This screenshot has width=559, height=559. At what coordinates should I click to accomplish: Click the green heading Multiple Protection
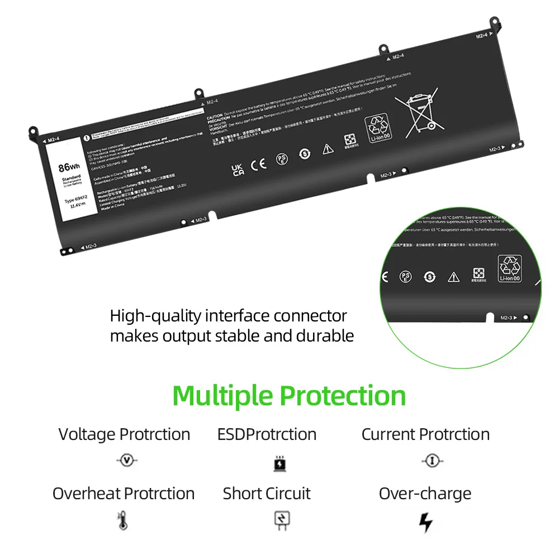[289, 396]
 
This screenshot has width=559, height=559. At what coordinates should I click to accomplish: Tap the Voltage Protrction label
[124, 434]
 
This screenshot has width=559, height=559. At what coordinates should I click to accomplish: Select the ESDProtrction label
[267, 434]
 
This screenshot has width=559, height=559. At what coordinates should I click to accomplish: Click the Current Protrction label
[425, 434]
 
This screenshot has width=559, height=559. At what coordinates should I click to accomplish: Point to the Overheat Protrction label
[124, 494]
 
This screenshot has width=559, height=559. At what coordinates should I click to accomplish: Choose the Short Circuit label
[267, 494]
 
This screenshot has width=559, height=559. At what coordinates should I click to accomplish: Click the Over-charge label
[425, 494]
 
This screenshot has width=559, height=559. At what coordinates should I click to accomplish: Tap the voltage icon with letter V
[127, 461]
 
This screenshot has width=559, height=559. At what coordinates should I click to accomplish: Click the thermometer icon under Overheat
[122, 520]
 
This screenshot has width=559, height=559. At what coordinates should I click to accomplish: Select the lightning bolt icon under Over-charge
[426, 522]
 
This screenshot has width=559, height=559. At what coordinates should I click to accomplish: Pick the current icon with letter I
[432, 461]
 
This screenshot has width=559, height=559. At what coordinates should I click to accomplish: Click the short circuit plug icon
[280, 520]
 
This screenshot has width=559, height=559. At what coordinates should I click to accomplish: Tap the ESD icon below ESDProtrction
[279, 463]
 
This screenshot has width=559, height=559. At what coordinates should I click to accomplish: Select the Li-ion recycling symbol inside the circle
[509, 268]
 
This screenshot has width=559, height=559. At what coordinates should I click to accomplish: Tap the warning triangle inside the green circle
[453, 277]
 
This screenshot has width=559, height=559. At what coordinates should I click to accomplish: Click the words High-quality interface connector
[228, 316]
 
